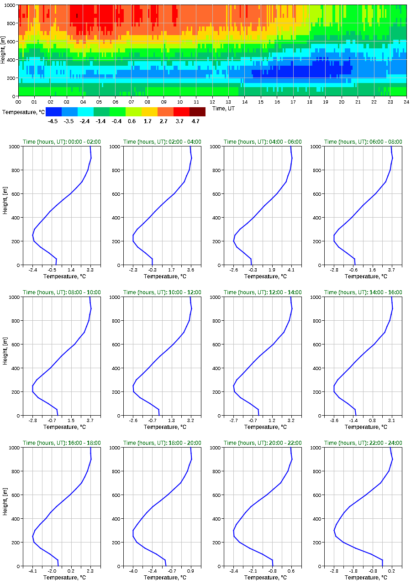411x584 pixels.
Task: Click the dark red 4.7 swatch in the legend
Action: coord(197,112)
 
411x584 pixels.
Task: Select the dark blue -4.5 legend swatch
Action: coord(53,112)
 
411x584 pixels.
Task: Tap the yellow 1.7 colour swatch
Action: coord(149,112)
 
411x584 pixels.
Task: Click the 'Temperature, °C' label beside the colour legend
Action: coord(23,112)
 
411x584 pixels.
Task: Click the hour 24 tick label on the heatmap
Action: coord(406,102)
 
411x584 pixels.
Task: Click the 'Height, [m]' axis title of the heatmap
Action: coord(4,50)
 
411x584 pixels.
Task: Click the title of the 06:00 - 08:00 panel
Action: coord(364,142)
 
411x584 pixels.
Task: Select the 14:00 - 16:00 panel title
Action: coord(364,292)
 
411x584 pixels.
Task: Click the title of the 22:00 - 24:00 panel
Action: coord(364,443)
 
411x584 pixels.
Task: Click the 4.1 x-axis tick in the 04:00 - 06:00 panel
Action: coord(291,270)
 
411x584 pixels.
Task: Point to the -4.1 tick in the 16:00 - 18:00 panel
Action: coord(33,571)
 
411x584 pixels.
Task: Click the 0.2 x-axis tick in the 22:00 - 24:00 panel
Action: coord(391,571)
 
